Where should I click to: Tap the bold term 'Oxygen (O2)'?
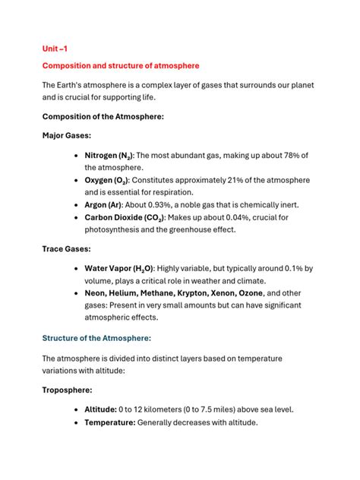click(106, 180)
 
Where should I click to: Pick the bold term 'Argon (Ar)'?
click(106, 204)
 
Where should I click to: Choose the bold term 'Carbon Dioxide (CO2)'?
click(126, 217)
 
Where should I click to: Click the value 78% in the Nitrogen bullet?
click(288, 155)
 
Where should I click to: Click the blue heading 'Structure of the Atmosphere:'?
click(96, 338)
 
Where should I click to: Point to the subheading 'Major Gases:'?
click(67, 134)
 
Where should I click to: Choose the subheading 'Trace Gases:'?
click(66, 248)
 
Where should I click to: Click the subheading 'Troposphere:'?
click(68, 389)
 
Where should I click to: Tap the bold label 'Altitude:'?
click(100, 409)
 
